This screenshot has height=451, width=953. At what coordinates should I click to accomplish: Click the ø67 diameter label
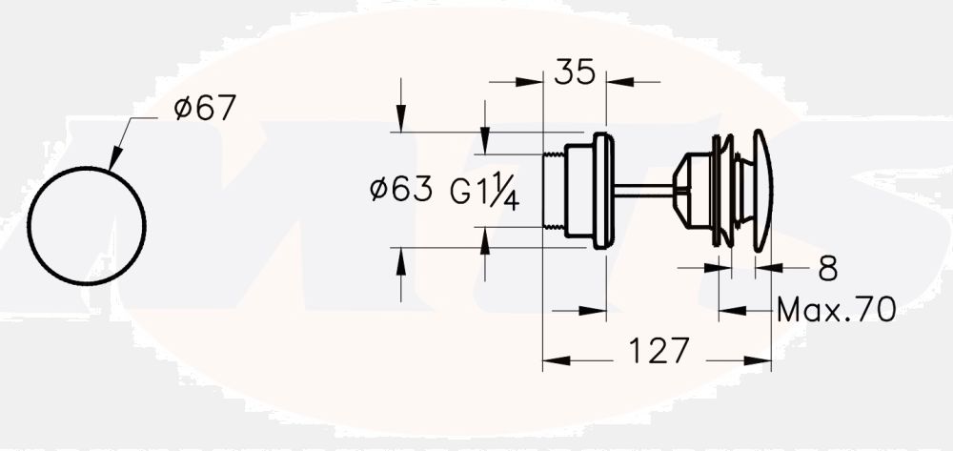pos(204,109)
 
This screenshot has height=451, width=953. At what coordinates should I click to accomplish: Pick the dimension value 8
pos(827,270)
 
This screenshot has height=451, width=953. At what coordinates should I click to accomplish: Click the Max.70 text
pos(836,310)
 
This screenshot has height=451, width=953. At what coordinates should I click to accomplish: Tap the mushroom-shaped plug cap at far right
pos(762,191)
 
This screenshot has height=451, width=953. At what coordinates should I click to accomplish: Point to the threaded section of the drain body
pos(553,191)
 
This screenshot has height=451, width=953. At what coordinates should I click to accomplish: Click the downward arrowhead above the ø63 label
pos(401,124)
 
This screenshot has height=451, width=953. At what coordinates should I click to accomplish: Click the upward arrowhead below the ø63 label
pos(401,256)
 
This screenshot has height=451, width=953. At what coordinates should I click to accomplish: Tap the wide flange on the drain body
pos(600,191)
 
